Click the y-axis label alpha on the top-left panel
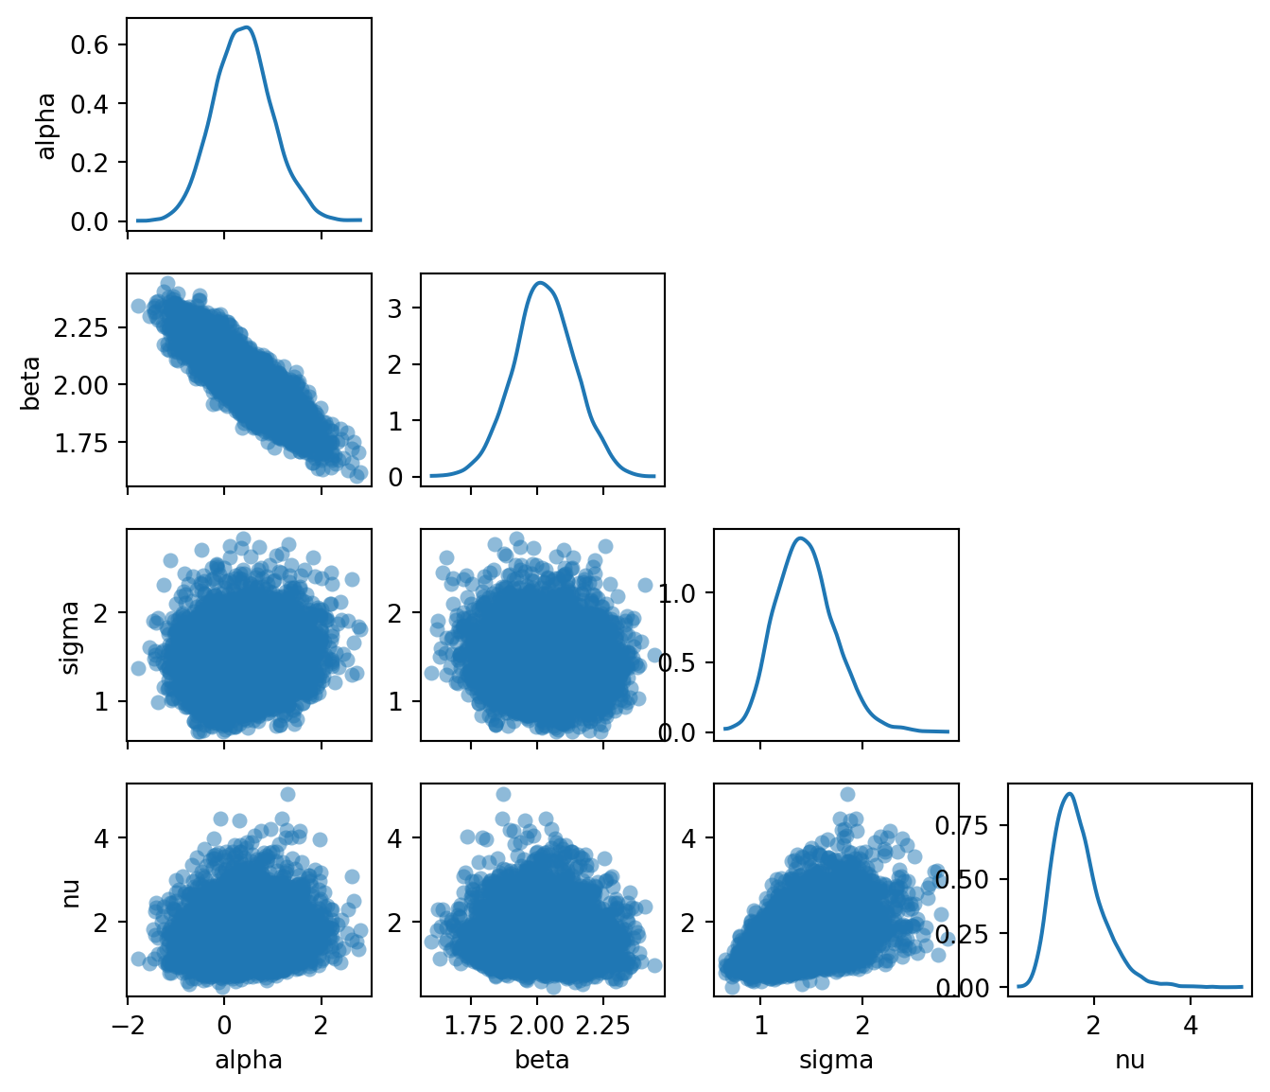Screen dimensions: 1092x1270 pos(46,125)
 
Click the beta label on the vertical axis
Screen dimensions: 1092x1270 pos(31,382)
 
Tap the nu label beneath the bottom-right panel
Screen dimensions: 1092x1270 pos(1129,1060)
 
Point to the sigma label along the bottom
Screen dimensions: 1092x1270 pos(836,1060)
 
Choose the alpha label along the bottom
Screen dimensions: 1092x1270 pos(249,1060)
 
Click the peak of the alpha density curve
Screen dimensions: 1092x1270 pos(246,27)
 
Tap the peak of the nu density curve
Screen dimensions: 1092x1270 pos(1069,793)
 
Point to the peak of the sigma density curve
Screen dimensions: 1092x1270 pos(801,537)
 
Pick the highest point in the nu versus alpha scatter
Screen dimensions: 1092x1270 pos(287,794)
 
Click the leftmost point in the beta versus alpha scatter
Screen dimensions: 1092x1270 pos(138,306)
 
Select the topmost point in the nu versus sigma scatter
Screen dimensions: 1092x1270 pos(847,794)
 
